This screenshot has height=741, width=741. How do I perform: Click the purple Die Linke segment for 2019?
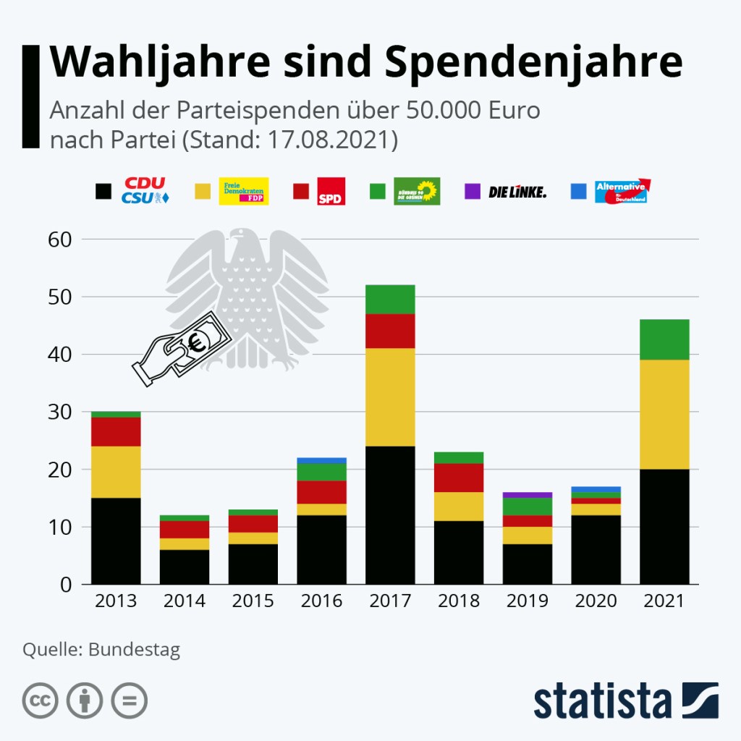coord(528,495)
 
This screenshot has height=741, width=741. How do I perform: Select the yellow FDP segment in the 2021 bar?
coord(664,414)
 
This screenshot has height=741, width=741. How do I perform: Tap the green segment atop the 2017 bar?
coord(390,299)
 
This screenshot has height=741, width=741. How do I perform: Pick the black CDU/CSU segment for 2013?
coord(116,541)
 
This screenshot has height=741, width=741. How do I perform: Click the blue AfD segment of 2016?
coord(321,460)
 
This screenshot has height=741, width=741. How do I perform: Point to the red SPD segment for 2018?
coord(459,478)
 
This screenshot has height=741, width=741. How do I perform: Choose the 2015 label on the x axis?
coord(253,601)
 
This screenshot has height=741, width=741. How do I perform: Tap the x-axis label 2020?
coord(596,601)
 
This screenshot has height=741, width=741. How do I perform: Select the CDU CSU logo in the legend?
coord(145,190)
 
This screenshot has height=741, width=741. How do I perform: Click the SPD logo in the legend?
coord(331,191)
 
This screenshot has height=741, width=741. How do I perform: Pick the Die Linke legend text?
coord(517,192)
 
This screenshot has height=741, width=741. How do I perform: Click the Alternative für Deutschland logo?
coord(622,191)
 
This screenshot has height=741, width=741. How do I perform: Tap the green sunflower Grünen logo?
coord(417,191)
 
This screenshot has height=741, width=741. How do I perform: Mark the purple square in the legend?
coord(471,192)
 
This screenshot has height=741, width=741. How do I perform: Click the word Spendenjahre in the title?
coord(533,62)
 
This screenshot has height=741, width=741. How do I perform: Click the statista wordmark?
coord(604,702)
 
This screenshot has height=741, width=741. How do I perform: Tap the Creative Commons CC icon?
coord(41,700)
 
